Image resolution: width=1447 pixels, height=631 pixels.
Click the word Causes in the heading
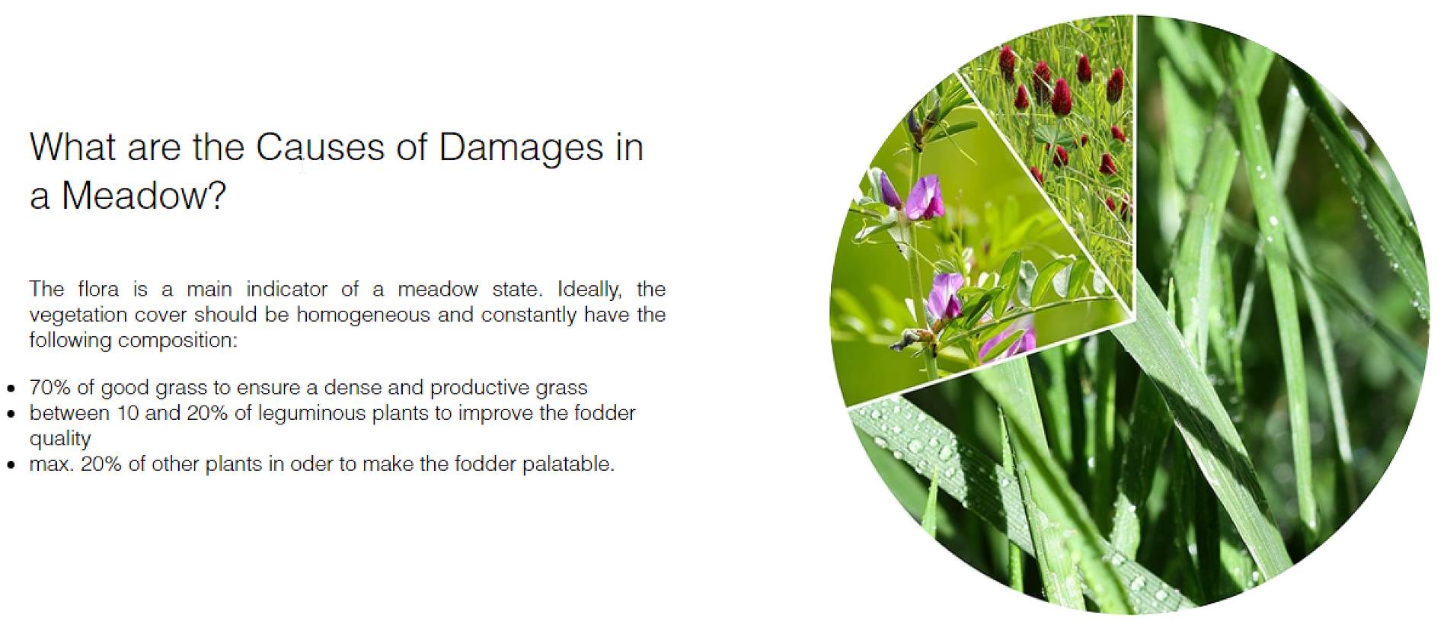pyautogui.click(x=320, y=147)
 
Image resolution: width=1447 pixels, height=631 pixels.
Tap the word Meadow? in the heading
pyautogui.click(x=143, y=196)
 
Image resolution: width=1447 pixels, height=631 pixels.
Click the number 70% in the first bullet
pyautogui.click(x=50, y=387)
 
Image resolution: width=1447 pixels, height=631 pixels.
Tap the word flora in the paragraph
pyautogui.click(x=98, y=289)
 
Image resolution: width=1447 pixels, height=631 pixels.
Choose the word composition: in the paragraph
pyautogui.click(x=177, y=341)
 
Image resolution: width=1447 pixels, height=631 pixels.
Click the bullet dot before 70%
pyautogui.click(x=11, y=388)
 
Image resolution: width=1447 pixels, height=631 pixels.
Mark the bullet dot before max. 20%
pyautogui.click(x=11, y=464)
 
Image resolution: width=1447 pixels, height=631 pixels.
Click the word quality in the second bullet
pyautogui.click(x=60, y=439)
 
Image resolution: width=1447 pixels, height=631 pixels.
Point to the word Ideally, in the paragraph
pyautogui.click(x=589, y=290)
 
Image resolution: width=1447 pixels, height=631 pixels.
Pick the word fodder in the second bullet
pyautogui.click(x=605, y=413)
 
